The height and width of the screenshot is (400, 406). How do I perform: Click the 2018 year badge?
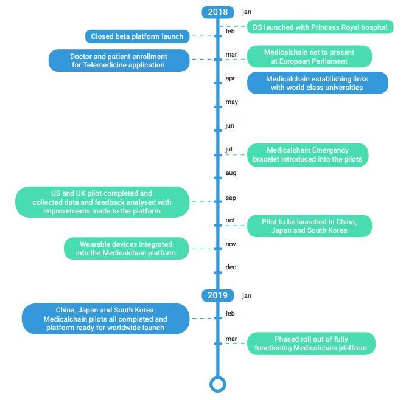[218, 12]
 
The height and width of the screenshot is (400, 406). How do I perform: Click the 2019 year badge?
[217, 295]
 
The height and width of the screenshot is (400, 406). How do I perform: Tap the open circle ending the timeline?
[218, 384]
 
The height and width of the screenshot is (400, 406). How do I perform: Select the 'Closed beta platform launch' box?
[137, 36]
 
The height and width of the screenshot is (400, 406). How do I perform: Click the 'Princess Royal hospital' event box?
[320, 27]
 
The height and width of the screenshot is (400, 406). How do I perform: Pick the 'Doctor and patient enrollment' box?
[119, 61]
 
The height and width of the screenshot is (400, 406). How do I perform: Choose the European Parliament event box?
[309, 57]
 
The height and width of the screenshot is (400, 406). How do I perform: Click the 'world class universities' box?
[318, 83]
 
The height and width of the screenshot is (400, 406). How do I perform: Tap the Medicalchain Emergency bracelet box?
[307, 155]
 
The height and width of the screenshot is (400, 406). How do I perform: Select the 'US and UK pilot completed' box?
[102, 202]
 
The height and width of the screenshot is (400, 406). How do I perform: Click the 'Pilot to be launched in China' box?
[309, 226]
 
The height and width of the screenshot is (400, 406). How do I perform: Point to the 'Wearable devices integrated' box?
[126, 249]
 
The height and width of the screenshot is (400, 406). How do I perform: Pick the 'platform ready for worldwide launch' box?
[106, 319]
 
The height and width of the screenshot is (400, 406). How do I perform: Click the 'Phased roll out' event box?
[311, 343]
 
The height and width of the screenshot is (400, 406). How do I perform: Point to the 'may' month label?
[231, 102]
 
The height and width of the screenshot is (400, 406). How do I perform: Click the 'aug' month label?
[231, 173]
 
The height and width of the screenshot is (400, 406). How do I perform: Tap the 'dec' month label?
[231, 267]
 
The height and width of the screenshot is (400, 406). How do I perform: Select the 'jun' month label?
[229, 126]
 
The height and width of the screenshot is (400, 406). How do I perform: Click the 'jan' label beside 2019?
[247, 296]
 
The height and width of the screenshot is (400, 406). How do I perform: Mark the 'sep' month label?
[231, 198]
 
